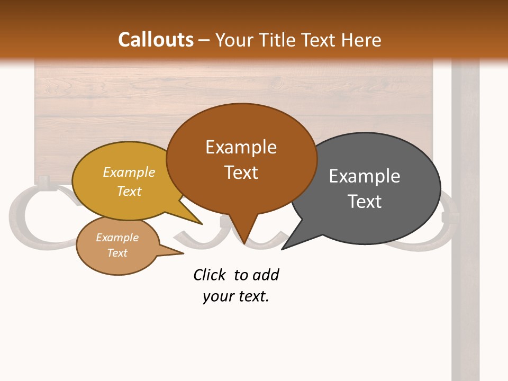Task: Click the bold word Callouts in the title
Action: (156, 40)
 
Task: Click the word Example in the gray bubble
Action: (364, 176)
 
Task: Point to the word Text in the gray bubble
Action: (364, 202)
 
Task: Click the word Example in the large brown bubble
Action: (241, 147)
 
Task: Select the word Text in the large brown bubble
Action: (241, 173)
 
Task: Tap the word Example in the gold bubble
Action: (129, 173)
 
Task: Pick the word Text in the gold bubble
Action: (129, 191)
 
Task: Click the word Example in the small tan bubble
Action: (117, 238)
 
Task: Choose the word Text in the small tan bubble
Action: (117, 253)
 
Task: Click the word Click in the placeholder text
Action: (210, 275)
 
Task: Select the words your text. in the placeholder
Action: (236, 296)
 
